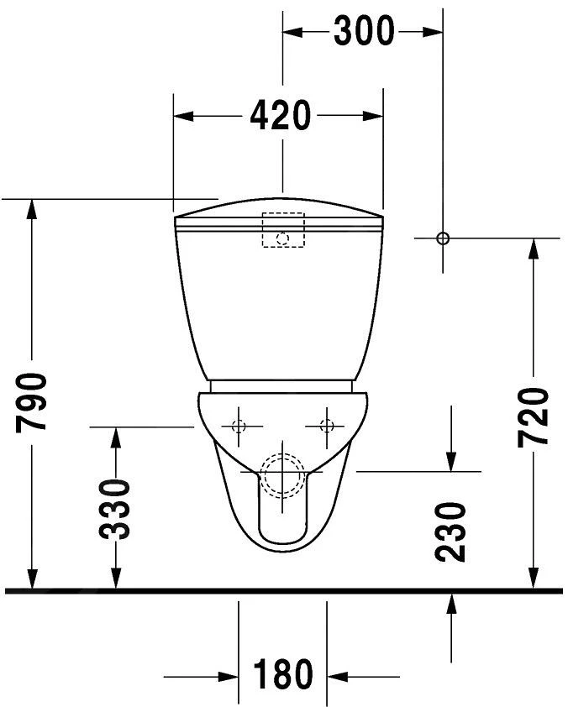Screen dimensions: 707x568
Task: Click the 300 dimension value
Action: [363, 31]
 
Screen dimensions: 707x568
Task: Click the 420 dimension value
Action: [280, 115]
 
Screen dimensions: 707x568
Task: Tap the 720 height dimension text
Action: [534, 417]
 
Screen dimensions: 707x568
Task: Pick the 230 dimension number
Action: [451, 531]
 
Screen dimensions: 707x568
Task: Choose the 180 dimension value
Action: [282, 674]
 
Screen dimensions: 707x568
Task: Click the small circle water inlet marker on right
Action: [443, 238]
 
